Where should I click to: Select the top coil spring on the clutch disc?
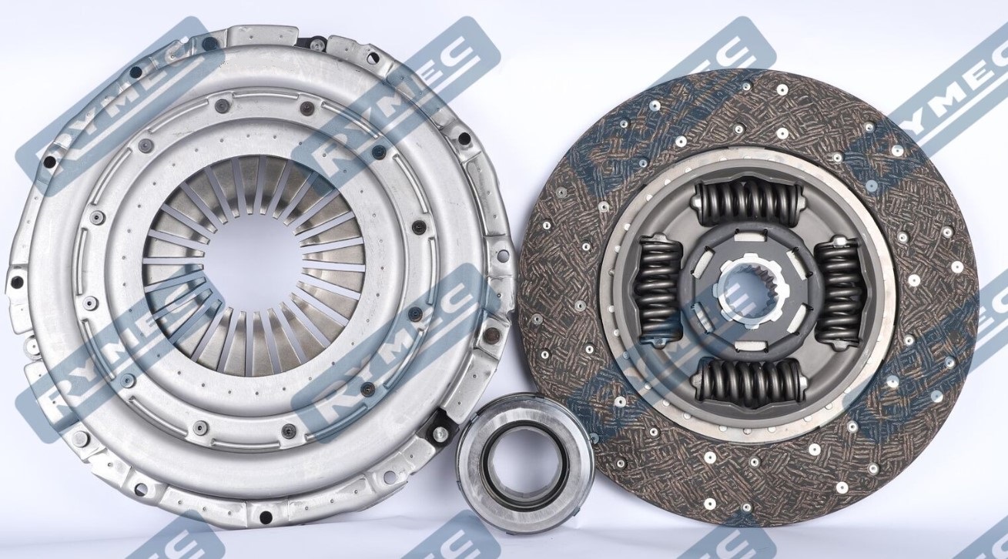pos(746,203)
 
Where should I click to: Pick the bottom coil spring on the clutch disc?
pos(747,380)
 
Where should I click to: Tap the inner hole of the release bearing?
pos(524,457)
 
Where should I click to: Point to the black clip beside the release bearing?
pos(441,423)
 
